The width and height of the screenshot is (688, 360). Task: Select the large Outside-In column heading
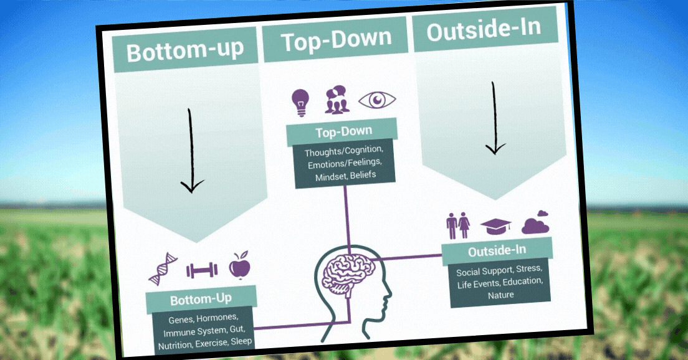click(483, 29)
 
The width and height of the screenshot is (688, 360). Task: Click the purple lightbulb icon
click(300, 102)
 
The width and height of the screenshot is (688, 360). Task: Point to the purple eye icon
click(378, 99)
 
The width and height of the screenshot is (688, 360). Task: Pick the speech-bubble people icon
click(337, 100)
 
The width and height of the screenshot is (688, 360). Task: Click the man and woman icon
click(458, 226)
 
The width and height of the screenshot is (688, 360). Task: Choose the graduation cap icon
click(496, 226)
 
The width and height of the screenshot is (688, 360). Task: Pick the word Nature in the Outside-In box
click(501, 295)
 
